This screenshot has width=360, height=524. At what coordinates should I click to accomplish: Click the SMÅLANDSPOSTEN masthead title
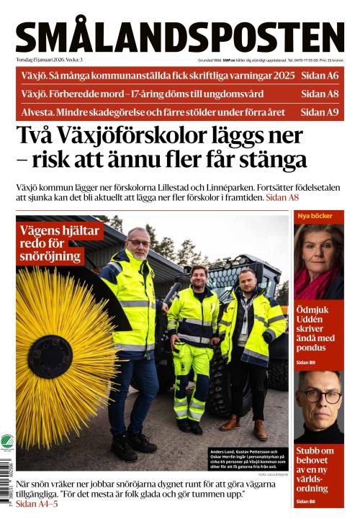point(180,36)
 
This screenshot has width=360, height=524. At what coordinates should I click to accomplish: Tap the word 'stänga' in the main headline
point(271,159)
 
